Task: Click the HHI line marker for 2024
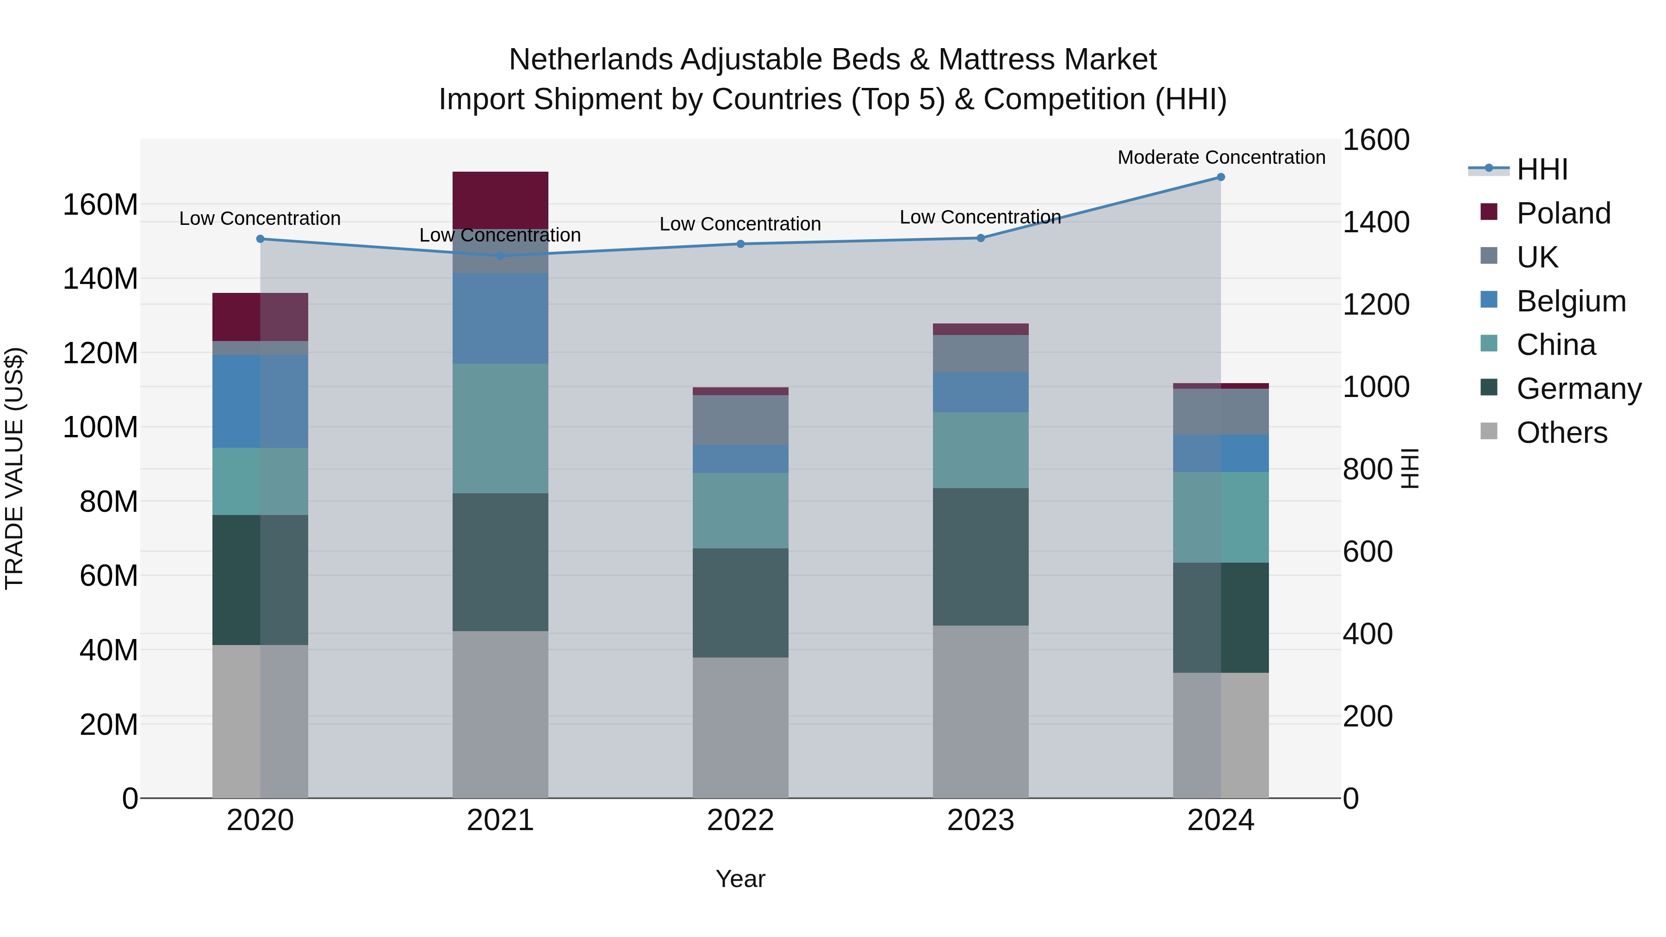click(1220, 177)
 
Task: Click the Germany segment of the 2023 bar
click(981, 556)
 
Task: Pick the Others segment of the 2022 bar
click(740, 727)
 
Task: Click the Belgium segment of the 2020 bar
click(260, 401)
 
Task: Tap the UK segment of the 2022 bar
click(740, 420)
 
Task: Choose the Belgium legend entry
click(1570, 301)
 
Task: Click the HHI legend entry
click(1542, 169)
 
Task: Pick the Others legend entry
click(1561, 433)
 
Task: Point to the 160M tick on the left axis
click(100, 205)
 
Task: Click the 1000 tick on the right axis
click(1376, 387)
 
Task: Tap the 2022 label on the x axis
click(740, 820)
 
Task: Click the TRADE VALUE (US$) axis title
click(14, 468)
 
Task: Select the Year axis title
click(740, 879)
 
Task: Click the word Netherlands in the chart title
click(590, 60)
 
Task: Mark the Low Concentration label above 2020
click(260, 218)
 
